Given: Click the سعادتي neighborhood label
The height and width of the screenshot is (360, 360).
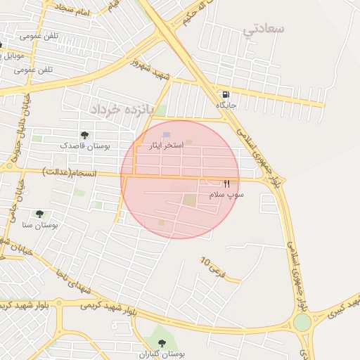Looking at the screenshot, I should point(264,29).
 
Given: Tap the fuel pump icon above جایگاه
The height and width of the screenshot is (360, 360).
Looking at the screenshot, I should point(225,94).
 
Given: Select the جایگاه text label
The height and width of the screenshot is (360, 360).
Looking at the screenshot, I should point(226,105).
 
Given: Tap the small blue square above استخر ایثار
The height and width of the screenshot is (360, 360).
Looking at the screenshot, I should point(166,135).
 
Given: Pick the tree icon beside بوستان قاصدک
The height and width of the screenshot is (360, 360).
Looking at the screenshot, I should point(84,135).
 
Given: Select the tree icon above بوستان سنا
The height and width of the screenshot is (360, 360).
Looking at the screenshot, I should point(39,214).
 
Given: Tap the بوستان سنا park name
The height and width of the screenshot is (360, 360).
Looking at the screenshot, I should point(40,225).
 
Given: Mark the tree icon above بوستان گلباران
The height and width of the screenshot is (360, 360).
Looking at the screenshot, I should point(162,343).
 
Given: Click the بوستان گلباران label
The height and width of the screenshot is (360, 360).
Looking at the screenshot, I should point(162,354).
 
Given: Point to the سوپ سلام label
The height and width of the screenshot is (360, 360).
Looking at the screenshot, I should point(226,193).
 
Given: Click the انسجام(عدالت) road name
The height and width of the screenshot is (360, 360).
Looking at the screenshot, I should point(70,171).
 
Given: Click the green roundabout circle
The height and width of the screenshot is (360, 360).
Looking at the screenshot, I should point(302,322).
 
